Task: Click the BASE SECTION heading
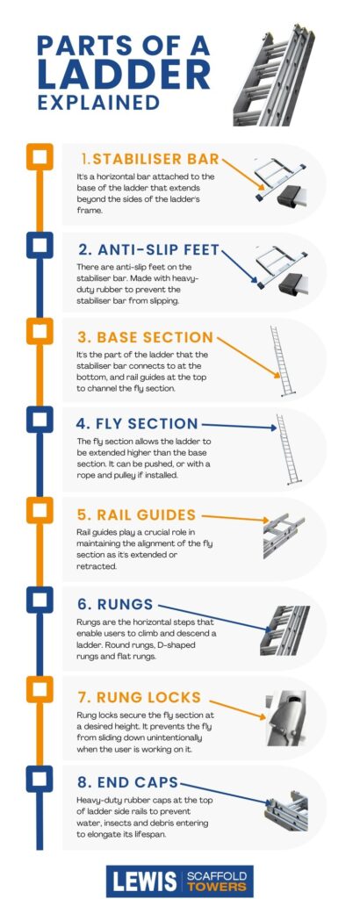(143, 337)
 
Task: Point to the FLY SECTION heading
(137, 424)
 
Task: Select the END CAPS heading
(127, 782)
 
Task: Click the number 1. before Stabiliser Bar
(84, 159)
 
